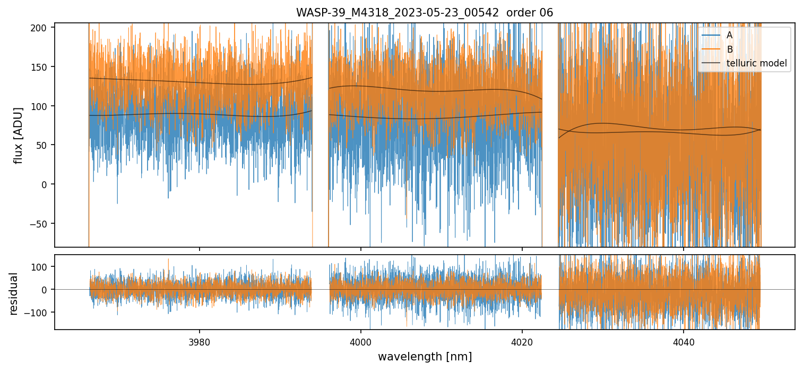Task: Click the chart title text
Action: tap(425, 13)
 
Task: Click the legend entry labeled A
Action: tap(729, 35)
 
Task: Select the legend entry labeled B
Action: tap(730, 49)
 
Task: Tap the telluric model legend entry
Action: tap(756, 64)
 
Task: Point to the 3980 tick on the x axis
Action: tap(200, 341)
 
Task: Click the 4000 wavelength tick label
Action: tap(361, 341)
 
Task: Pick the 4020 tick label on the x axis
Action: tap(522, 341)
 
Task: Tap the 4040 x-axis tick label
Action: tap(683, 341)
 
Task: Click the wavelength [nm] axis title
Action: tap(425, 357)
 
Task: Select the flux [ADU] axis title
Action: tap(19, 135)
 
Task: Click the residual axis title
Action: tap(14, 293)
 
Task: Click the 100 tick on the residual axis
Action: tap(42, 266)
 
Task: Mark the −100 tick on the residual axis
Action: tap(40, 312)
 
